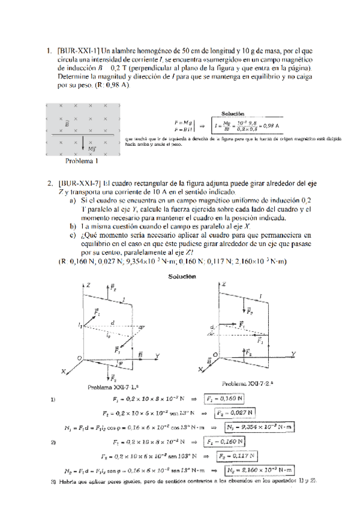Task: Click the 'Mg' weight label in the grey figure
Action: pos(91,148)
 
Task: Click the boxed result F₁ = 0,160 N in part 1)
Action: pos(224,399)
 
